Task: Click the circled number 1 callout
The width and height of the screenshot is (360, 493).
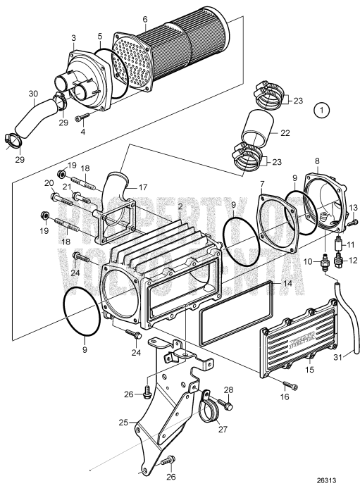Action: point(322,109)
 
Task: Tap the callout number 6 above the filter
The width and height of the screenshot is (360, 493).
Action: point(144,19)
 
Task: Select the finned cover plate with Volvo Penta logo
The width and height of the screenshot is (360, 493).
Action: point(307,336)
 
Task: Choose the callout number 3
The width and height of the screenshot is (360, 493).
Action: point(73,36)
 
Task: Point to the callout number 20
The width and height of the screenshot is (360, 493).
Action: point(49,183)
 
